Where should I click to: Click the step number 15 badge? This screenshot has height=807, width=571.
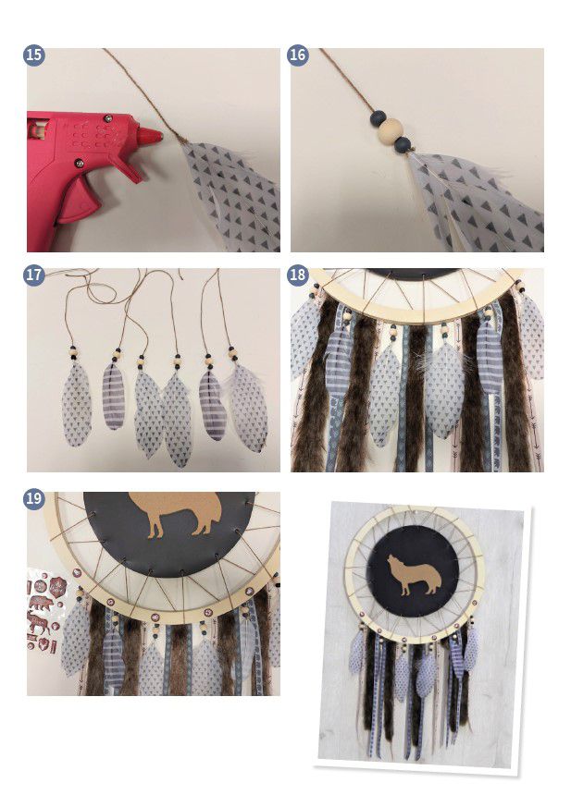click(34, 55)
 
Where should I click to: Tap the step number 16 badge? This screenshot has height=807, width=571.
click(298, 55)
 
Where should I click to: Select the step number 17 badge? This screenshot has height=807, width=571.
click(34, 275)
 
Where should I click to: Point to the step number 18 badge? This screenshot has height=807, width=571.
click(298, 275)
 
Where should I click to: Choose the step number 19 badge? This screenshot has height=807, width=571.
click(34, 498)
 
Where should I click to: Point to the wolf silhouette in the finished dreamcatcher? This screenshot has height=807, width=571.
click(415, 574)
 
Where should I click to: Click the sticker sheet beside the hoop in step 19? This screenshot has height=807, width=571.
click(45, 610)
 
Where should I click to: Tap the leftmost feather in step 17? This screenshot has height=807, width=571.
click(77, 404)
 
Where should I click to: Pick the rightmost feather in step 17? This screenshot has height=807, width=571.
click(249, 407)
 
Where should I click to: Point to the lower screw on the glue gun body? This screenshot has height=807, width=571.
click(80, 163)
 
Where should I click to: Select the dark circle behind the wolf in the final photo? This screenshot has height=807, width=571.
click(412, 571)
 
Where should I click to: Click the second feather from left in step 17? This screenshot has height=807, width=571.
click(114, 395)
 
